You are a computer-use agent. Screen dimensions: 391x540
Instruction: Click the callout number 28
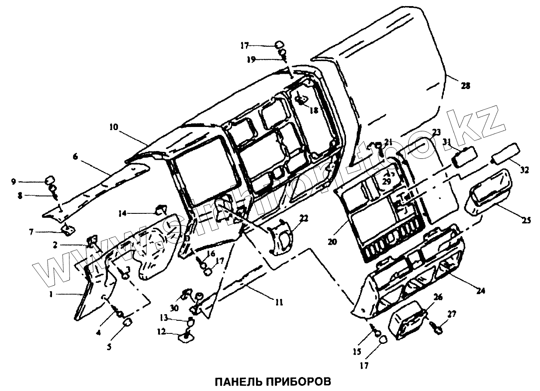465,86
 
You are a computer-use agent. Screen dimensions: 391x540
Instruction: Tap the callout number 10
114,127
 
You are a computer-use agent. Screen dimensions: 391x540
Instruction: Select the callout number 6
76,156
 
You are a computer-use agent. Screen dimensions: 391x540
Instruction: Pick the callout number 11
278,302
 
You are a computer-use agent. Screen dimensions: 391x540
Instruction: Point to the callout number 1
51,295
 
